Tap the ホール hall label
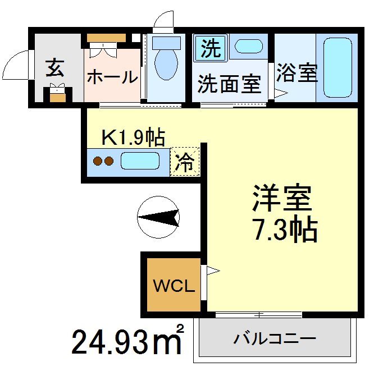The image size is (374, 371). pos(112,76)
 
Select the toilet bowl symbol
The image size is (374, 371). pos(166,62)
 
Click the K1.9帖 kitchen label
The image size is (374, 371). pos(133,135)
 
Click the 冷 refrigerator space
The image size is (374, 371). pos(185,162)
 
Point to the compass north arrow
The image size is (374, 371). pos(158,217)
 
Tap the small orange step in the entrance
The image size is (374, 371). pos(57,96)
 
